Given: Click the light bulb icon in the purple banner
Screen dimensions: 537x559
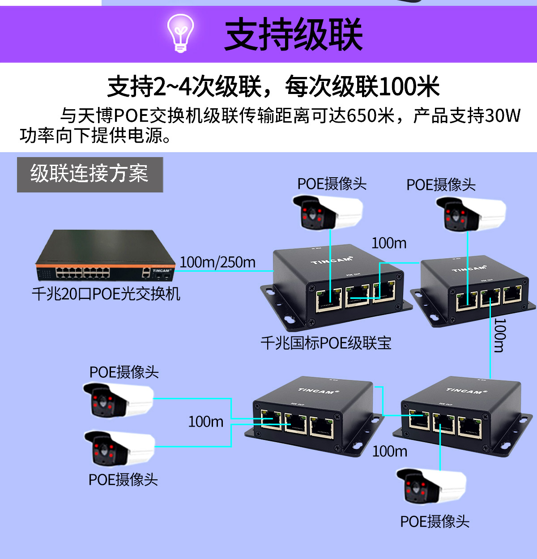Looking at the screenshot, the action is pyautogui.click(x=181, y=33).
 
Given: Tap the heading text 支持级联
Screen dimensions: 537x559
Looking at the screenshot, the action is pyautogui.click(x=293, y=34).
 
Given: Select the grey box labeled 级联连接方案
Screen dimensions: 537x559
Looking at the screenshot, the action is pyautogui.click(x=90, y=175).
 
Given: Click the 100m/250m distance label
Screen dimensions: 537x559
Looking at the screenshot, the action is pyautogui.click(x=217, y=262).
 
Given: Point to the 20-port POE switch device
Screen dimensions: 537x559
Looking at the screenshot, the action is pyautogui.click(x=106, y=255).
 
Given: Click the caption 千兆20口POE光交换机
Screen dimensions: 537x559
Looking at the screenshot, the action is pyautogui.click(x=106, y=294).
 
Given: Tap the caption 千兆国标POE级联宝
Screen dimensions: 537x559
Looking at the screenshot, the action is pyautogui.click(x=326, y=343).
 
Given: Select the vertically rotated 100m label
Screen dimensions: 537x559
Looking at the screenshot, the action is pyautogui.click(x=499, y=335).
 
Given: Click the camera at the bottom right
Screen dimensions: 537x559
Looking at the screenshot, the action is pyautogui.click(x=431, y=486).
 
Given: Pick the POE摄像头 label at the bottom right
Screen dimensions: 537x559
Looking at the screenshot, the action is pyautogui.click(x=435, y=521).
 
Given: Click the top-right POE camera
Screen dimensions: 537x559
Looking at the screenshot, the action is pyautogui.click(x=471, y=214).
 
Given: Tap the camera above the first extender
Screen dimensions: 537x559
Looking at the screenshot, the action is pyautogui.click(x=328, y=212).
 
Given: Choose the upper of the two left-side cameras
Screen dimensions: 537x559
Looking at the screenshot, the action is pyautogui.click(x=118, y=400).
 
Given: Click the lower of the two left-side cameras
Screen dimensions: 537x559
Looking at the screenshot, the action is pyautogui.click(x=119, y=448).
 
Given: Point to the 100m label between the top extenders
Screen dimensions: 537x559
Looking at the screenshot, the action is pyautogui.click(x=389, y=243).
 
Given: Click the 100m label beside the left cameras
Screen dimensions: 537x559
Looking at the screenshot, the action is pyautogui.click(x=206, y=422).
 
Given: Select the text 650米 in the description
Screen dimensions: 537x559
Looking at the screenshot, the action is pyautogui.click(x=370, y=115).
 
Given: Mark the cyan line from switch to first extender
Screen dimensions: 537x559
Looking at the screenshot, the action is pyautogui.click(x=224, y=271).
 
